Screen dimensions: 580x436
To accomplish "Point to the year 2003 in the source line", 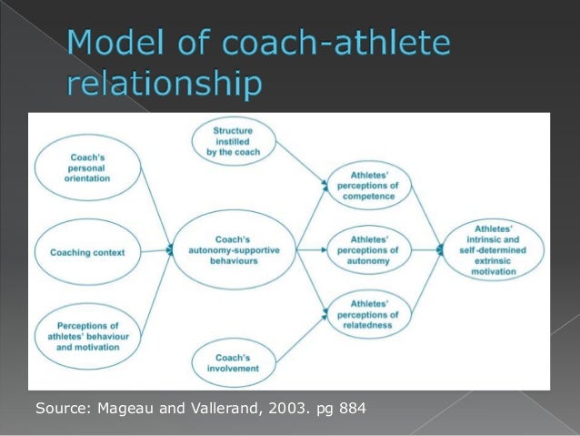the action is pyautogui.click(x=278, y=407).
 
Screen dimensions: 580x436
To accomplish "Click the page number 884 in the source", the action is pyautogui.click(x=350, y=407).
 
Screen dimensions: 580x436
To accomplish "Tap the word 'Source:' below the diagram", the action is pyautogui.click(x=60, y=407).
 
